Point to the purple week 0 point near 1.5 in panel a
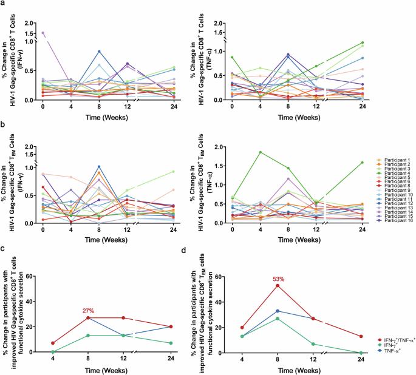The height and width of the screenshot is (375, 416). (x=43, y=33)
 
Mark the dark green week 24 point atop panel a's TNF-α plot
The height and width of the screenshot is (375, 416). (x=362, y=43)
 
